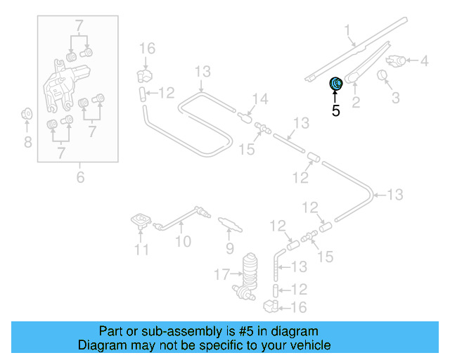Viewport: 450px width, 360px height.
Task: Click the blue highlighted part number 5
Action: tap(336, 84)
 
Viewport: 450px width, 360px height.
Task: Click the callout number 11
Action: tap(142, 250)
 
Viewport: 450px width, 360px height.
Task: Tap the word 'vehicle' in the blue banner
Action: tap(309, 345)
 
